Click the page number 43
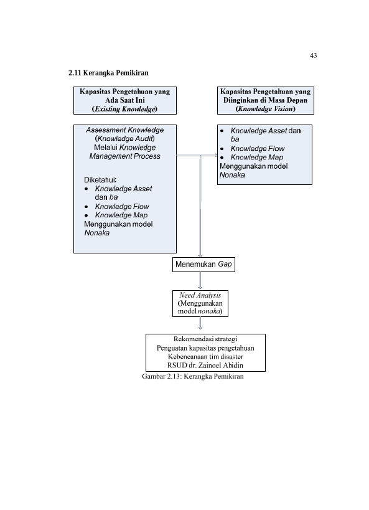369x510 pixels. [313, 55]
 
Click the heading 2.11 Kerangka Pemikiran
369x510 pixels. [108, 73]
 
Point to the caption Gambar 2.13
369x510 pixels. [193, 376]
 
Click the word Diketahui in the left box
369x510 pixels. [100, 180]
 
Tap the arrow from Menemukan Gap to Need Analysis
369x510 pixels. [200, 281]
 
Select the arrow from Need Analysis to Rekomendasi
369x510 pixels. [200, 323]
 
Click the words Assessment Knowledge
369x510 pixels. [125, 130]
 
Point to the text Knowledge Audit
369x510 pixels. [125, 139]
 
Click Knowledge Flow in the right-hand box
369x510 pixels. [258, 149]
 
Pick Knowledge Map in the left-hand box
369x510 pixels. [121, 215]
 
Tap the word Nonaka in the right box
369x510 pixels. [232, 175]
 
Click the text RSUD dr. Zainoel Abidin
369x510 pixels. [205, 366]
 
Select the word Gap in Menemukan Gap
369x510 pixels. [225, 264]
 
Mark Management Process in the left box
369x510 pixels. [125, 156]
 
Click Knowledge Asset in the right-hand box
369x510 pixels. [259, 131]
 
